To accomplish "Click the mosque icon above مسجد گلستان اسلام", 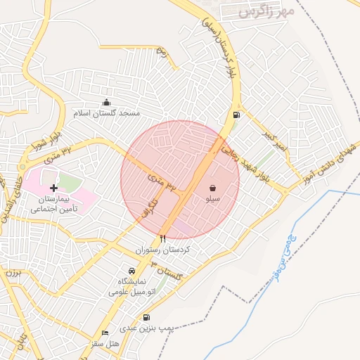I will click(x=107, y=103).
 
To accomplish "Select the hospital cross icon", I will click(x=53, y=188).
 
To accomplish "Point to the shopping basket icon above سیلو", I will click(x=212, y=188).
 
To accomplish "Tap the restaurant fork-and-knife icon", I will click(x=163, y=239).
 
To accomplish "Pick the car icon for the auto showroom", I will click(x=131, y=271).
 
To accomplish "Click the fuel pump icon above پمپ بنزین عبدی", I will click(x=146, y=317).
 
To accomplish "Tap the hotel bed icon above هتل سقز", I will click(x=105, y=333).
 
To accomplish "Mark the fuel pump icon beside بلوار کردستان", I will click(x=234, y=115).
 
